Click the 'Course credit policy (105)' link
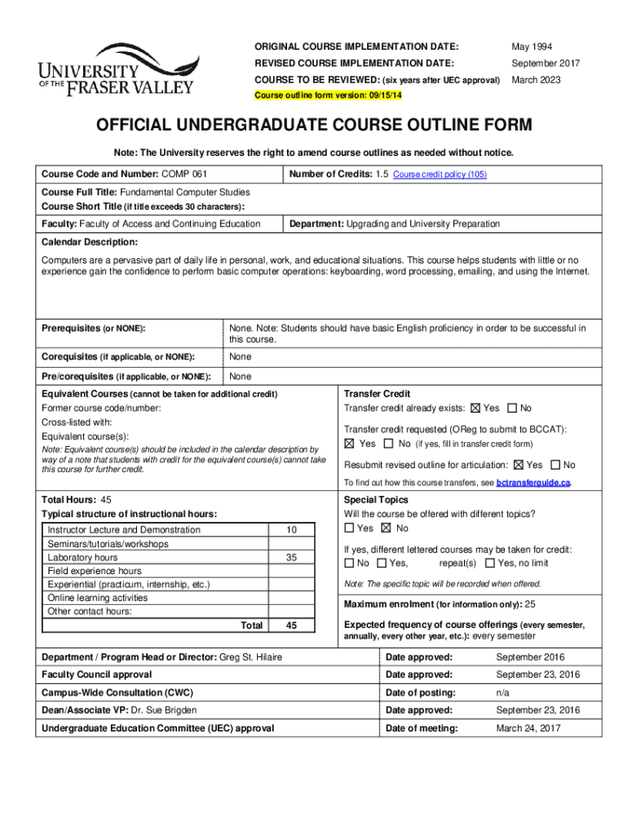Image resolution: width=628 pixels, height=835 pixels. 440,175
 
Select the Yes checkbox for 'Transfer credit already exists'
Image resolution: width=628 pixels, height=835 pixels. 476,408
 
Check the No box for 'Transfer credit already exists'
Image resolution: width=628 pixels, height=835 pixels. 512,408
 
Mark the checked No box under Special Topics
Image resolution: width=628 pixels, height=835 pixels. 386,528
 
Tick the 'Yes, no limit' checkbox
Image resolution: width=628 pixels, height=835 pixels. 489,563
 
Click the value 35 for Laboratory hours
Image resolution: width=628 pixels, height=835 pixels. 291,558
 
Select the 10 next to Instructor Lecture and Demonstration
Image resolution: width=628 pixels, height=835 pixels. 291,530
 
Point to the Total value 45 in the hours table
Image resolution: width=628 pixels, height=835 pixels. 291,625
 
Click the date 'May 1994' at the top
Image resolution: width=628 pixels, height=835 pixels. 531,46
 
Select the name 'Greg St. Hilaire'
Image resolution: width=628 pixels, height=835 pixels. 252,657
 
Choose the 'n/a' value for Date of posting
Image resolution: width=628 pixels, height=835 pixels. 504,692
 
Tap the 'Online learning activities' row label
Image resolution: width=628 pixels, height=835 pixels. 97,598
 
